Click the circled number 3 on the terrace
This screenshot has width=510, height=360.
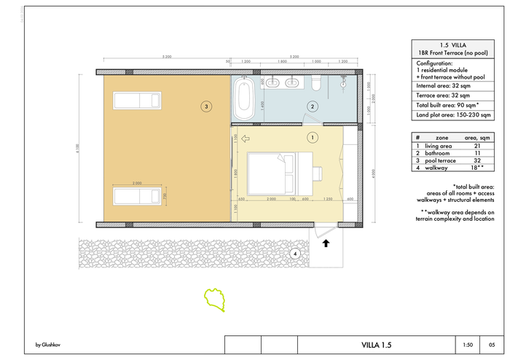[207, 106]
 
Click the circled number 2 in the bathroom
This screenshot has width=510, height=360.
[313, 106]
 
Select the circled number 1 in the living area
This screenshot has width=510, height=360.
[313, 136]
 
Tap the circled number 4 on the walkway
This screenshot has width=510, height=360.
[294, 254]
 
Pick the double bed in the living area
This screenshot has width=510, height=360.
[271, 173]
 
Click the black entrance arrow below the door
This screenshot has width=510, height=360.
[326, 243]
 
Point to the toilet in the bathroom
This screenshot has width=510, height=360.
[315, 84]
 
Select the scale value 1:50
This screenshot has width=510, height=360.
[468, 345]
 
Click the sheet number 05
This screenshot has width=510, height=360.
[493, 345]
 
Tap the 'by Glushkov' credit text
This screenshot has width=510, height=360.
[48, 345]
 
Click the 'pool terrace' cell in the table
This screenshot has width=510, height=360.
[442, 161]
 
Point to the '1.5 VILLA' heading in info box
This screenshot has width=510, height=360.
[453, 44]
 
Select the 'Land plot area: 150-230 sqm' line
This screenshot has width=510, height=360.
[452, 115]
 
